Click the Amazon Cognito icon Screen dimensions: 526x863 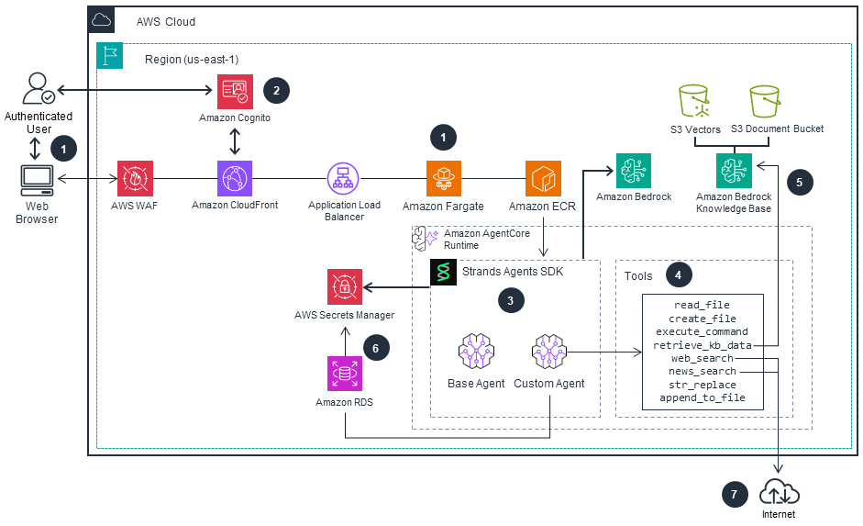[x=235, y=92]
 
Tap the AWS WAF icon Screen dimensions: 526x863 [x=135, y=178]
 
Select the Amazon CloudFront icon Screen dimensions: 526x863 [x=235, y=178]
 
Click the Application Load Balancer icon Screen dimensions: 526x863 [x=344, y=178]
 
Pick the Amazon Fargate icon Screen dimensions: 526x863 [x=443, y=178]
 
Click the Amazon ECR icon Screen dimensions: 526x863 [x=543, y=178]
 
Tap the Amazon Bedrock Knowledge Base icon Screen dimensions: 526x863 [x=734, y=171]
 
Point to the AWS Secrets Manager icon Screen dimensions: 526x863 [x=345, y=286]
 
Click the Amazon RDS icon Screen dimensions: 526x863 [x=345, y=374]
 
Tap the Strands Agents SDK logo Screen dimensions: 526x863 [x=444, y=273]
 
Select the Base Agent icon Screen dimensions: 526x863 [x=476, y=352]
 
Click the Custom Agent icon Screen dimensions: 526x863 [x=548, y=352]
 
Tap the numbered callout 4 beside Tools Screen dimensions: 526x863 [x=678, y=274]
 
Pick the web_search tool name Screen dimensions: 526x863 [x=702, y=358]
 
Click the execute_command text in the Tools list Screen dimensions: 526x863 [x=702, y=331]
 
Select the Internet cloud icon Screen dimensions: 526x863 [x=779, y=493]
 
